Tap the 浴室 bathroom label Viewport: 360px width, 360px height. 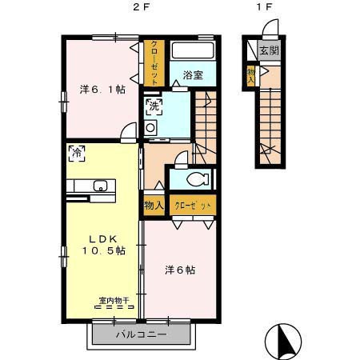(192, 74)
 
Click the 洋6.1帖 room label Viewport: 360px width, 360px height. (101, 90)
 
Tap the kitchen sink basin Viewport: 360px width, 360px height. (101, 186)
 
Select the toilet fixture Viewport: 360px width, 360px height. (195, 179)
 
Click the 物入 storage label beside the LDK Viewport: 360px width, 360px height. (154, 206)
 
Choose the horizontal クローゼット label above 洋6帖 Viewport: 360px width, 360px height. (193, 206)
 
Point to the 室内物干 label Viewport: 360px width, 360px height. (114, 302)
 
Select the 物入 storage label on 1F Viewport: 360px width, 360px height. (251, 74)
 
